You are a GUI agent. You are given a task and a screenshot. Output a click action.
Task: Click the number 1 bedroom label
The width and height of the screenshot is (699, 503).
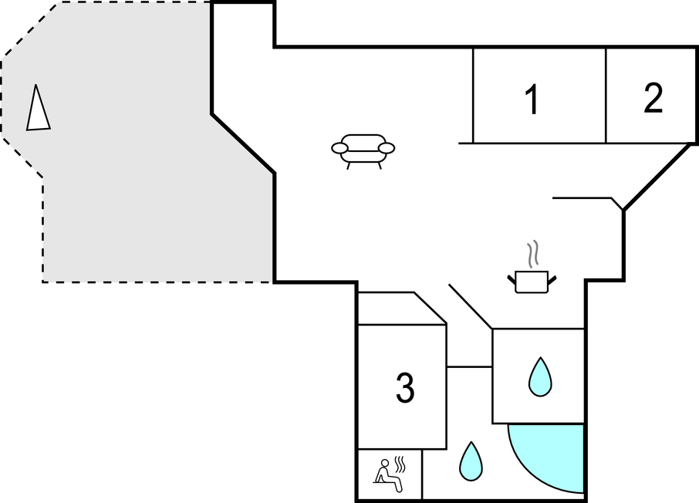[531, 101]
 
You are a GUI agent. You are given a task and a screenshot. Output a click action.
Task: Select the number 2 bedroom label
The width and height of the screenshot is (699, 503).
[653, 99]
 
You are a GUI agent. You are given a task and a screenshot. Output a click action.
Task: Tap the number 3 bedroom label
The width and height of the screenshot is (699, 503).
[405, 388]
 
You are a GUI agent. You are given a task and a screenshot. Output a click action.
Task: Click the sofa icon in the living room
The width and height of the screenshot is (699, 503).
[363, 150]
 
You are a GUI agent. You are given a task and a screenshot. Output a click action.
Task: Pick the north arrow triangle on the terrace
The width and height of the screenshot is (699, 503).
[37, 110]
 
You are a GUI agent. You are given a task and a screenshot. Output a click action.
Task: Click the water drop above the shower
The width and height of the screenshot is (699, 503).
[539, 377]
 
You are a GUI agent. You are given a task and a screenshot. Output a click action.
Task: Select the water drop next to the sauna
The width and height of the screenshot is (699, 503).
[471, 461]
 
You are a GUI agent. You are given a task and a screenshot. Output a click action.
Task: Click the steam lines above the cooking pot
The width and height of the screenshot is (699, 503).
[532, 254]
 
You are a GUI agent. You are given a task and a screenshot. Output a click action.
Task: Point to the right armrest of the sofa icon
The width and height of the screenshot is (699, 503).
[387, 147]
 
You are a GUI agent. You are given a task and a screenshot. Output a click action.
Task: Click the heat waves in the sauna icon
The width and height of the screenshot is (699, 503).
[400, 464]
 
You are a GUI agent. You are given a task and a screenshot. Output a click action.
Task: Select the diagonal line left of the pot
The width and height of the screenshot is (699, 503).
[471, 306]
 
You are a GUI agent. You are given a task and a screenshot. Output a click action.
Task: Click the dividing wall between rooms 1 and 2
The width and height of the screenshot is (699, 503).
[606, 95]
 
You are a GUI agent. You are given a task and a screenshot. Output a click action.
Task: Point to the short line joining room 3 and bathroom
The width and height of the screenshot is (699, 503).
[469, 366]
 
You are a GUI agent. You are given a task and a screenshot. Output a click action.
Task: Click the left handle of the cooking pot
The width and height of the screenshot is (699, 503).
[511, 276]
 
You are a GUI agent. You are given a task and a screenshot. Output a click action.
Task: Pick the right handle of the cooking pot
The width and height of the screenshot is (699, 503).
[552, 276]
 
